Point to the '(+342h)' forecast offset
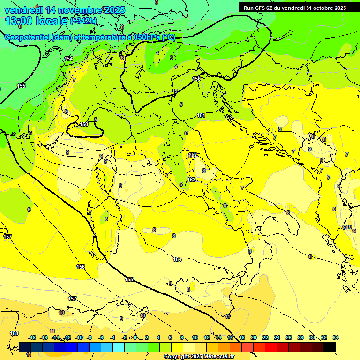[x=83, y=21]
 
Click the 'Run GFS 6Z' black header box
[x=294, y=7]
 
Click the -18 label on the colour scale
[x=32, y=337]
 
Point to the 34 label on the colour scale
[x=335, y=337]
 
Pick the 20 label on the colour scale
[x=254, y=337]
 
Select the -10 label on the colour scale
[x=79, y=337]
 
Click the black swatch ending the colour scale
[x=330, y=347]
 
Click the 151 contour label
[x=201, y=115]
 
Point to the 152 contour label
[x=193, y=155]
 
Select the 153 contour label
[x=191, y=180]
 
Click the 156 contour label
[x=81, y=267]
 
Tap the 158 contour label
[x=15, y=333]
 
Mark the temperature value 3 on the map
[x=172, y=58]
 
